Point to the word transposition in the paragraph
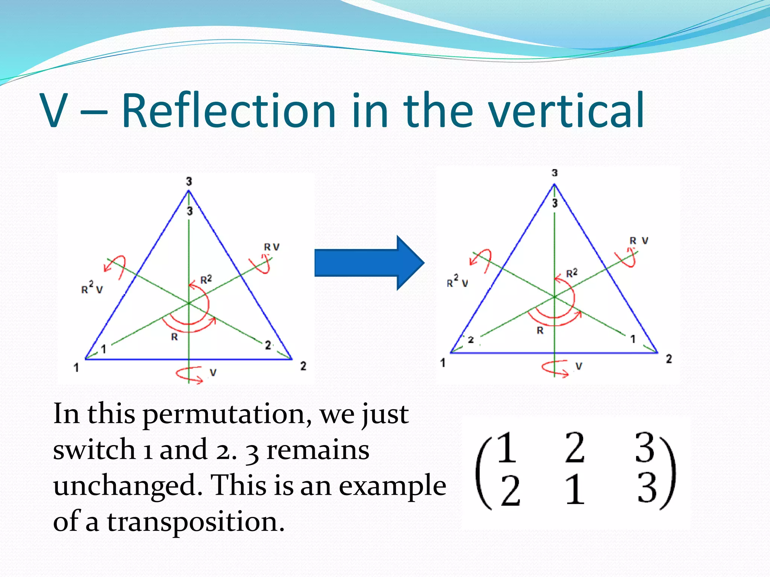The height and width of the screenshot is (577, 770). coord(196,522)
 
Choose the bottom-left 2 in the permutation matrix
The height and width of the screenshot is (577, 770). coord(510,490)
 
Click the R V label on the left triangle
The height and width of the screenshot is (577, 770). coord(271,247)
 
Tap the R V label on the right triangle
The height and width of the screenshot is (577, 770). coord(639,241)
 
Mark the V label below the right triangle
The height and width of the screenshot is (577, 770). coord(579,366)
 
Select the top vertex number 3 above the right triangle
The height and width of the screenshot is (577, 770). coord(555,173)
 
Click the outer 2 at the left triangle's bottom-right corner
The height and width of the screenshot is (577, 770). coord(303,366)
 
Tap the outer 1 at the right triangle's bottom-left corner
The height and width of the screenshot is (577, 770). coord(443,363)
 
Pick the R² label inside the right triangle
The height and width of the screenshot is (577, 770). coord(571,273)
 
